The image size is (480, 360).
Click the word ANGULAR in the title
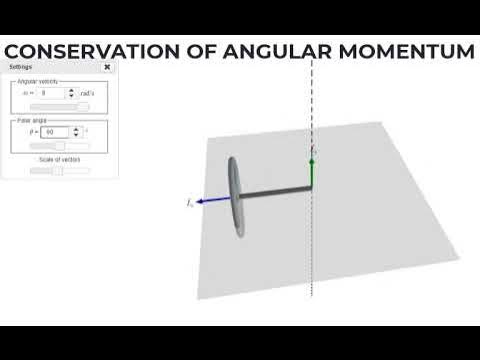264,51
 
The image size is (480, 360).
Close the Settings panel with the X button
107,67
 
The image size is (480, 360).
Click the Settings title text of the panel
21,67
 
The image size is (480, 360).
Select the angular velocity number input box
51,92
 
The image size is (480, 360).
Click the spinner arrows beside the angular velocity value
70,92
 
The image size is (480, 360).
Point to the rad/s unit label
87,92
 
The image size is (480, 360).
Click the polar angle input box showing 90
55,131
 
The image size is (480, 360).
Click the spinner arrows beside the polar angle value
73,131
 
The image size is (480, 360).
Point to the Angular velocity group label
38,80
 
